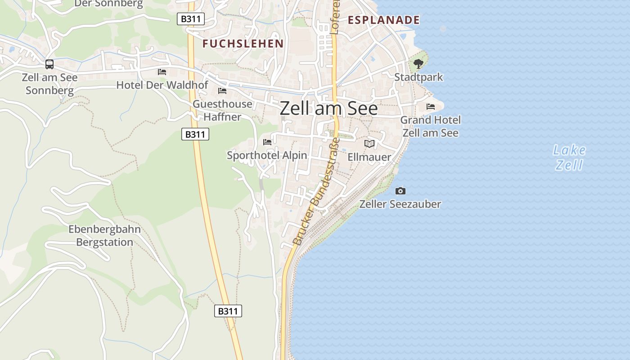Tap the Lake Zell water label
pyautogui.click(x=569, y=157)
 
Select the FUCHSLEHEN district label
pyautogui.click(x=243, y=44)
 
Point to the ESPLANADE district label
pyautogui.click(x=384, y=20)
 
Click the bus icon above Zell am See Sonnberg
pyautogui.click(x=49, y=64)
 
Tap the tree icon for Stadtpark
pyautogui.click(x=418, y=64)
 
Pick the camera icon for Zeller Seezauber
pyautogui.click(x=400, y=191)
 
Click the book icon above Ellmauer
pyautogui.click(x=369, y=144)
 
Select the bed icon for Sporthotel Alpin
pyautogui.click(x=267, y=142)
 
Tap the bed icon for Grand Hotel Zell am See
pyautogui.click(x=431, y=107)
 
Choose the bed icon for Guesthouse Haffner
pyautogui.click(x=222, y=91)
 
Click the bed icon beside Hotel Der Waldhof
pyautogui.click(x=162, y=72)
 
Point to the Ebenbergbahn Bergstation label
pyautogui.click(x=104, y=235)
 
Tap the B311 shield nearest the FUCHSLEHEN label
pyautogui.click(x=191, y=19)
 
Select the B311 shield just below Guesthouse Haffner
pyautogui.click(x=195, y=134)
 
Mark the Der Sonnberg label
pyautogui.click(x=108, y=4)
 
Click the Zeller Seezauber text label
pyautogui.click(x=400, y=204)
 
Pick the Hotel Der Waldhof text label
pyautogui.click(x=162, y=85)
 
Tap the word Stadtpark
pyautogui.click(x=418, y=77)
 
